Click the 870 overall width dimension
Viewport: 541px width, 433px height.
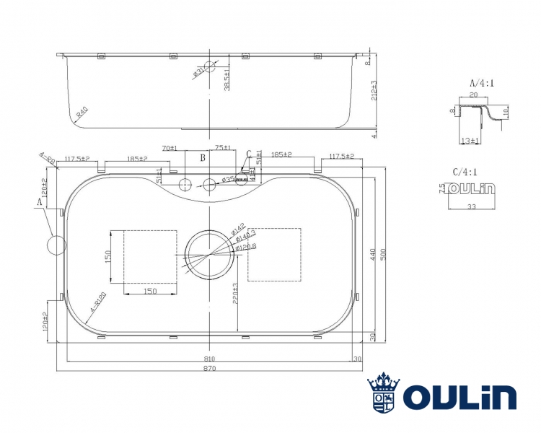(210, 368)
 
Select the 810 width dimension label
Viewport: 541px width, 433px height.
(209, 358)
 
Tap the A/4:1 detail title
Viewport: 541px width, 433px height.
(482, 82)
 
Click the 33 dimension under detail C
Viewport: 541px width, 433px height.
(471, 206)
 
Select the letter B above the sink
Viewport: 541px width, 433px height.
(203, 157)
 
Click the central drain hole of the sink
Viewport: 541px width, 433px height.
(209, 253)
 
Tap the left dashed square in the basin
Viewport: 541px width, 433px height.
(150, 257)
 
